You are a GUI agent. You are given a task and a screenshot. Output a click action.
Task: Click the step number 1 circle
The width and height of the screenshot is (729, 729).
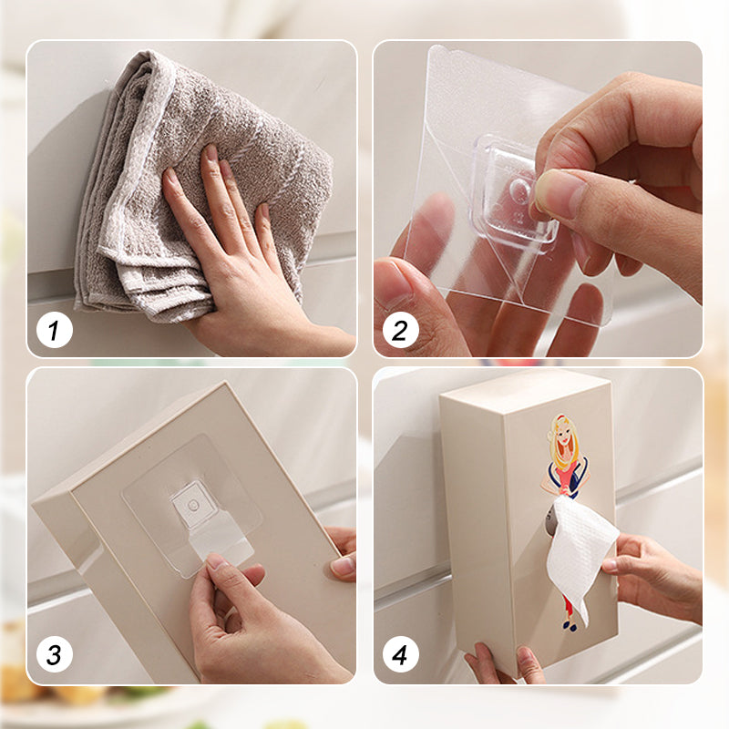click(55, 330)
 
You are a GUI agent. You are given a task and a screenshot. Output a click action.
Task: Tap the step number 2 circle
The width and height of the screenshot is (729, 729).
click(400, 330)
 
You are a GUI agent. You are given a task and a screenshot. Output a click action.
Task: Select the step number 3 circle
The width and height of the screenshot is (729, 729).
click(55, 654)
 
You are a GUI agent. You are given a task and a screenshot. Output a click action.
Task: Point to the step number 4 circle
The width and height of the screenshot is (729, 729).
click(400, 654)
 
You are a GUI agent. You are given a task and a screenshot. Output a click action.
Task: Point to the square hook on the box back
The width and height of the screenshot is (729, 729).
click(193, 507)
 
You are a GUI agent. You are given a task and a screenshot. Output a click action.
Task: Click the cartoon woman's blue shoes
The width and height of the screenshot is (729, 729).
click(570, 625)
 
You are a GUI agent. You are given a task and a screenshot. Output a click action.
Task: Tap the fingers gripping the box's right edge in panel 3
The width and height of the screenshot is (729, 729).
click(343, 553)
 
